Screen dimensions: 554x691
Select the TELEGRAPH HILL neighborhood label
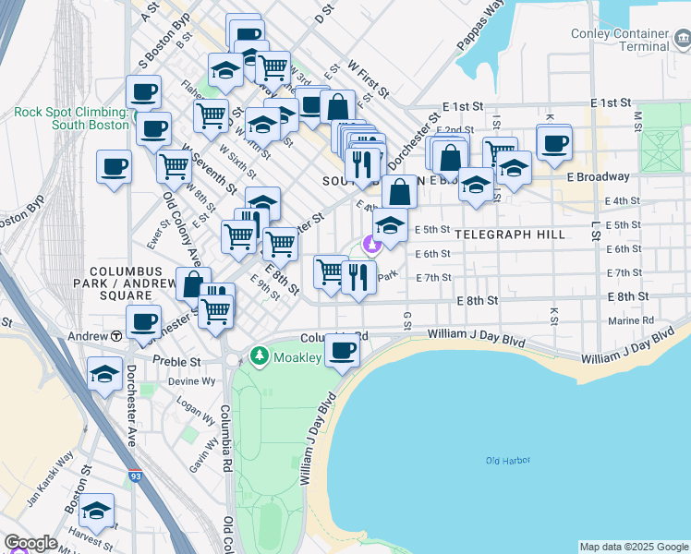[x=509, y=235]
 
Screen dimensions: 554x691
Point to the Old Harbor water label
[x=506, y=460]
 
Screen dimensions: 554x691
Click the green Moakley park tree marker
[x=261, y=356]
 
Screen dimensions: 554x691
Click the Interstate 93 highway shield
[x=136, y=478]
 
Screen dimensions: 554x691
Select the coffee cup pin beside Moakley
[x=343, y=351]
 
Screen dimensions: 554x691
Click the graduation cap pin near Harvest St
[x=96, y=511]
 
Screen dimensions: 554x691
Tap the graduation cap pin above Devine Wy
[x=105, y=374]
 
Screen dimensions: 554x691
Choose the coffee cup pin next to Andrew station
[x=143, y=322]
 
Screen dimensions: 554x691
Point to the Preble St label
[x=176, y=361]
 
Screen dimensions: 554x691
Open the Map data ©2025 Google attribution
[x=634, y=547]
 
